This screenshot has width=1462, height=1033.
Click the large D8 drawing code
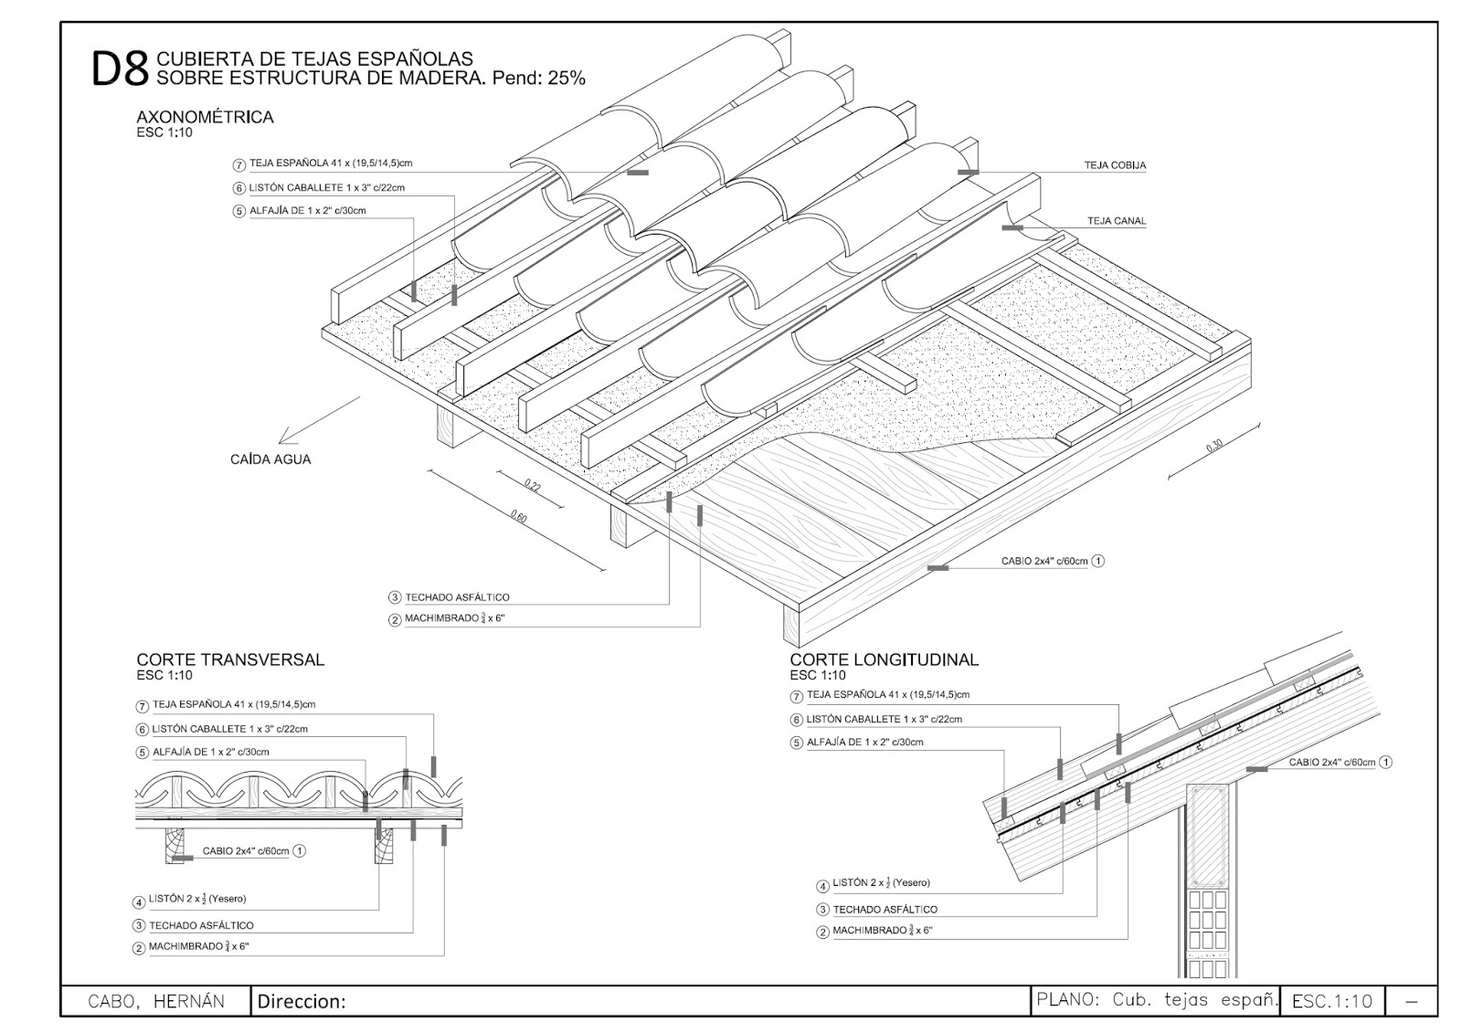point(120,69)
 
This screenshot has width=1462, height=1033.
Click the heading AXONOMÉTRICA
point(205,117)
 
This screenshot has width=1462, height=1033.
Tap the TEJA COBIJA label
point(1115,166)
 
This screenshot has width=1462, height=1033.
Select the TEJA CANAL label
point(1116,221)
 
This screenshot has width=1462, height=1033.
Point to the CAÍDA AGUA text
point(270,459)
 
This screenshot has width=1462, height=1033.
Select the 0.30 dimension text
point(1213,447)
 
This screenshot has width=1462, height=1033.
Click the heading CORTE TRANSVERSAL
point(230,659)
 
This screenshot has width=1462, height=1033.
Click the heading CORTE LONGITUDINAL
point(884,659)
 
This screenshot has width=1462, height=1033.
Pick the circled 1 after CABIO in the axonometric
point(1098,562)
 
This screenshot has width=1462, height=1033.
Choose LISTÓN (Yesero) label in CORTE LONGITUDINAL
point(881,883)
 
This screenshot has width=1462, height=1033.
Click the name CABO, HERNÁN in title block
point(155,1001)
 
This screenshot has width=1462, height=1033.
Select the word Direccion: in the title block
point(302,1002)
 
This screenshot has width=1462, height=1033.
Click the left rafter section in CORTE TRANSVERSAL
point(175,845)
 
